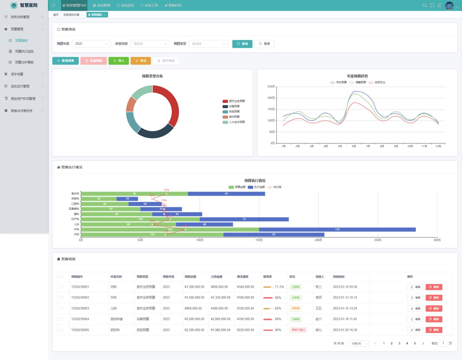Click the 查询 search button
point(242,44)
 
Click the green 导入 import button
point(119,61)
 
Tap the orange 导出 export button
point(141,61)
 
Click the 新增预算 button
point(65,61)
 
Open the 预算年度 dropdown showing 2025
point(91,44)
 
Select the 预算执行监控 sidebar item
point(24,51)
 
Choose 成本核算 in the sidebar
point(17,74)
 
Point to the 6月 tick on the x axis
point(354,146)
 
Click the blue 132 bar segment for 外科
point(337,229)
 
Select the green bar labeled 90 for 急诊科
point(134,194)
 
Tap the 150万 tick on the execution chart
point(259,240)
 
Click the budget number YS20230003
point(80,308)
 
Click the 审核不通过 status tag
point(298,330)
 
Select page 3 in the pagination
point(399,343)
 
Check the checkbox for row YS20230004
point(61,319)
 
